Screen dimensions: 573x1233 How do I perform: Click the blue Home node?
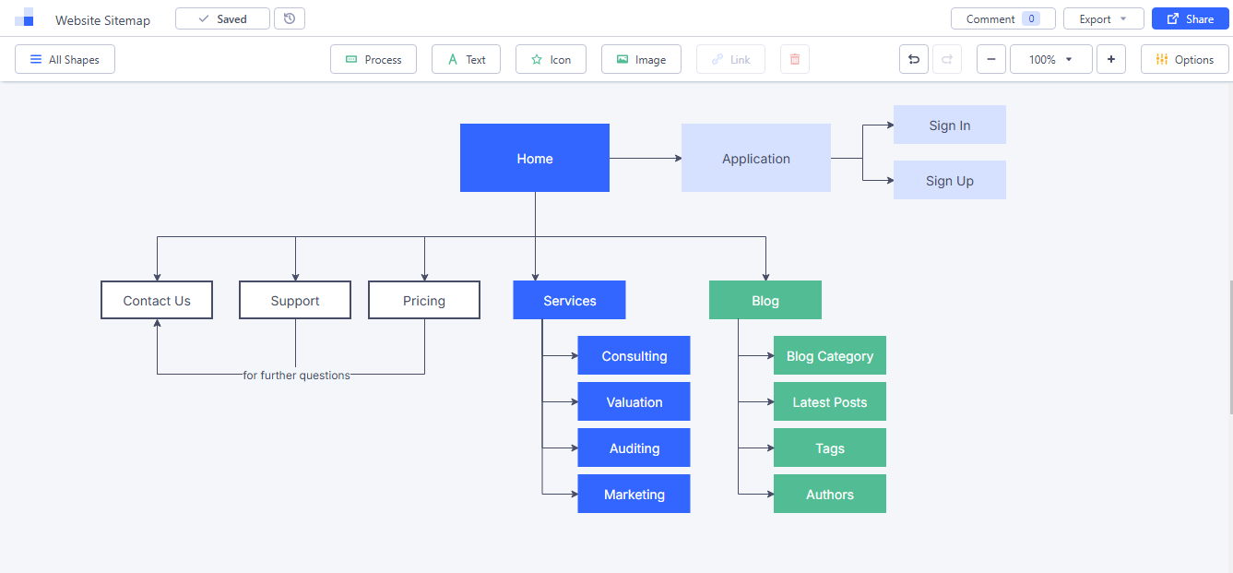tap(534, 158)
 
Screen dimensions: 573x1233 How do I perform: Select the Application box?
tap(755, 158)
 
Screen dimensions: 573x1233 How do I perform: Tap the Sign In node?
tap(949, 125)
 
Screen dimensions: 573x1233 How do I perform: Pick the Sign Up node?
tap(949, 180)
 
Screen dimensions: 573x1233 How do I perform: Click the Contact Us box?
tap(157, 300)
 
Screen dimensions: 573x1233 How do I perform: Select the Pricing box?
tap(424, 300)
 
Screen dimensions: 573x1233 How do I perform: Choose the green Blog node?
tap(765, 300)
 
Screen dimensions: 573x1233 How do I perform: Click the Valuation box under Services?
tap(634, 401)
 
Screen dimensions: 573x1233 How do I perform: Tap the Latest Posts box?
tap(829, 401)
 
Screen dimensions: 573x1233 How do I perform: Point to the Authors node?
tap(829, 494)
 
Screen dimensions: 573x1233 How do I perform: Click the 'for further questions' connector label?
tap(296, 376)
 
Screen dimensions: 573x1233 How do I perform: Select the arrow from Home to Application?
tap(646, 158)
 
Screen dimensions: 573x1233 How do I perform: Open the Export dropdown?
tap(1103, 18)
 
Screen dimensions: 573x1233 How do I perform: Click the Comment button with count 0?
tap(1002, 18)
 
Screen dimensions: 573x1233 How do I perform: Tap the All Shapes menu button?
tap(65, 59)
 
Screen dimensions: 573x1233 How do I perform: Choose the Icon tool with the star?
tap(551, 59)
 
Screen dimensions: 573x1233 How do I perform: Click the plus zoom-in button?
tap(1110, 59)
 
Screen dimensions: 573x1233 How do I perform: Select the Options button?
tap(1184, 59)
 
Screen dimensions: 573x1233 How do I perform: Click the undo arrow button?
tap(914, 59)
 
